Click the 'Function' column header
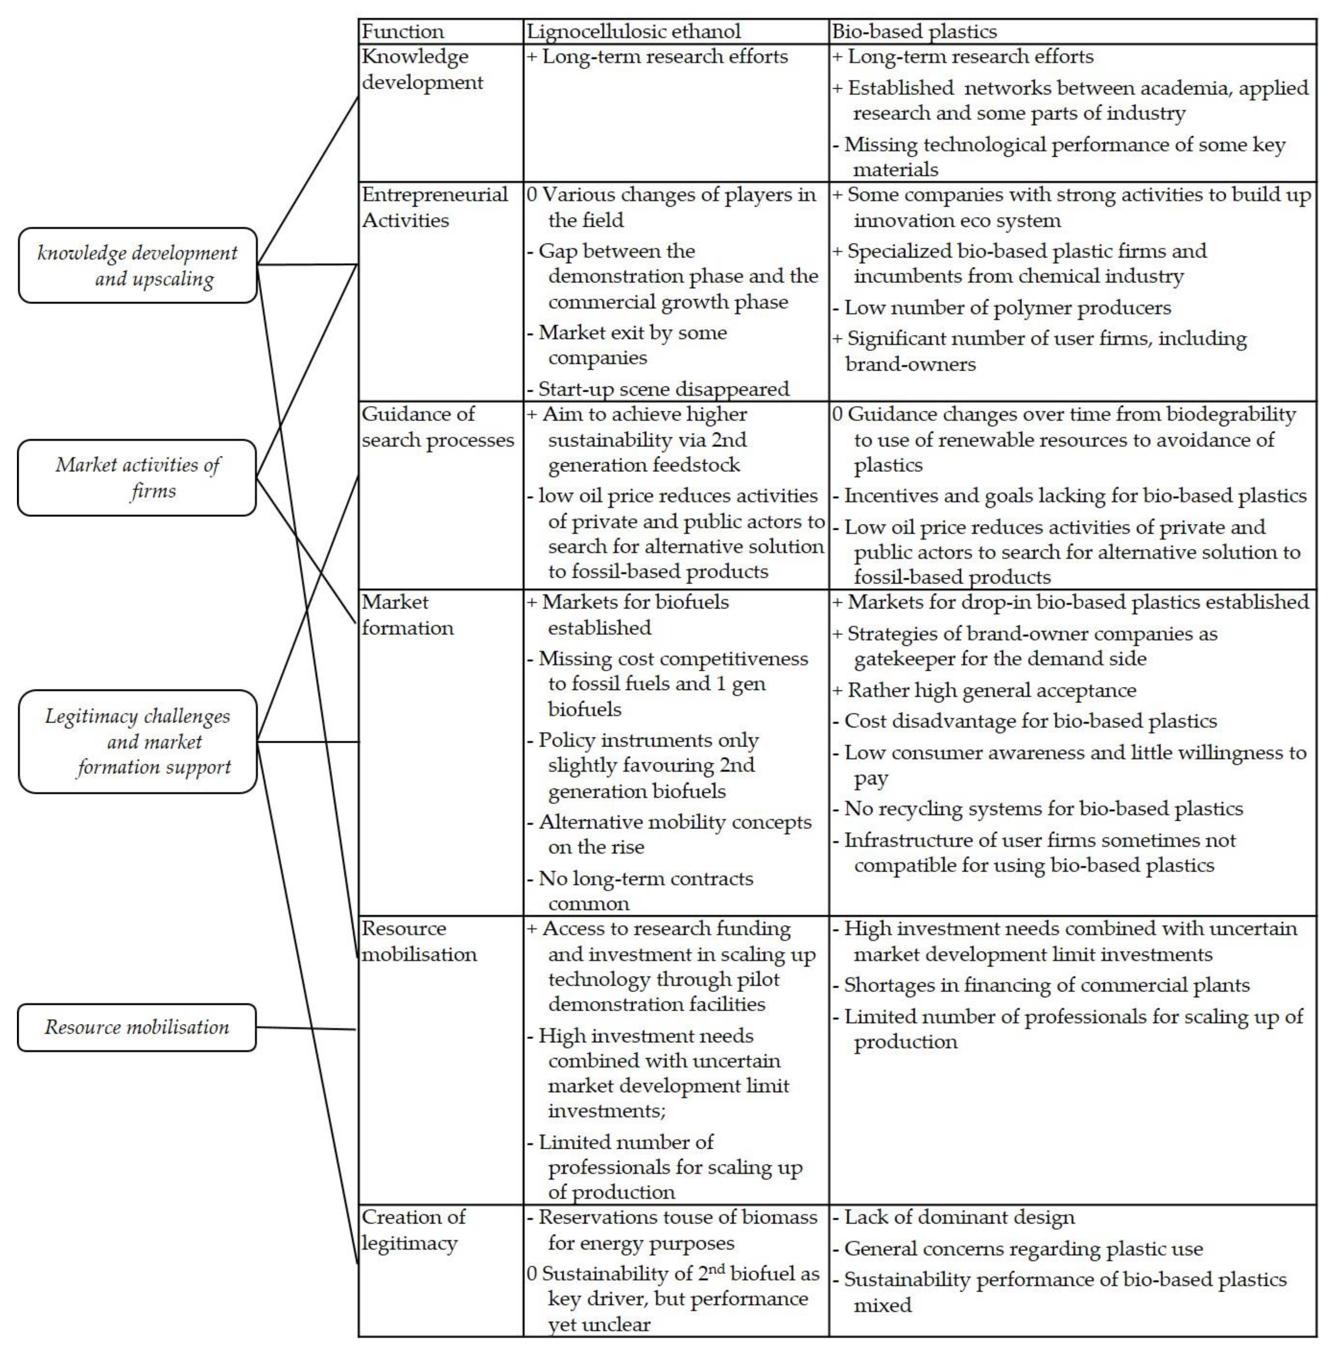click(402, 32)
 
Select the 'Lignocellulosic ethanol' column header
click(633, 32)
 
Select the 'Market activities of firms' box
click(137, 477)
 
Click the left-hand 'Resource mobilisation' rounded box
click(137, 1028)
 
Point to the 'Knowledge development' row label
click(422, 70)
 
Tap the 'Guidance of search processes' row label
click(438, 427)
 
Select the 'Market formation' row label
click(407, 615)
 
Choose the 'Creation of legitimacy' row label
click(414, 1230)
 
